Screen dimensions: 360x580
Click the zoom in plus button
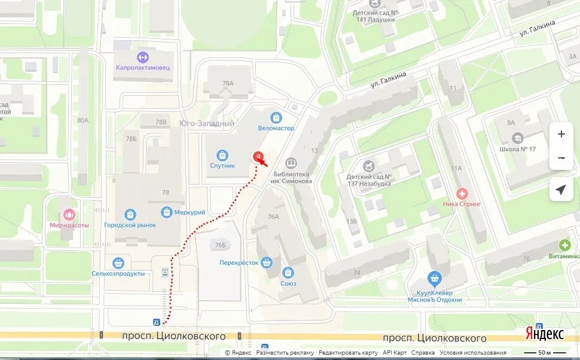coord(561,135)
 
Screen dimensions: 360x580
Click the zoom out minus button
coord(561,158)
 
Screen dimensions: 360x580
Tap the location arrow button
coord(561,190)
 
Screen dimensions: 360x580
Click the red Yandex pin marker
coord(258,157)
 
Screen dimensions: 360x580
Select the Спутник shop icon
coord(222,155)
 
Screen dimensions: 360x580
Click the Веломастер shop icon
coord(276,118)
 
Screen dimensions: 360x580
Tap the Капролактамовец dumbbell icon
coord(142,57)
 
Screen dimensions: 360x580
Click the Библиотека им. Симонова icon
coord(291,163)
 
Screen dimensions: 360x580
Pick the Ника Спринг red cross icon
coord(462,194)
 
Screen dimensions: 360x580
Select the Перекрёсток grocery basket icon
coord(267,262)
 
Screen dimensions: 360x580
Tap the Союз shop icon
coord(288,273)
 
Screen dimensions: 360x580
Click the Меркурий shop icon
coord(166,212)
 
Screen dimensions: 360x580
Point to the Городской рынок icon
coord(130,214)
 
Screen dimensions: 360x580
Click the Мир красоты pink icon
coord(69,215)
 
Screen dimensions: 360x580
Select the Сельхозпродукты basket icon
coord(118,263)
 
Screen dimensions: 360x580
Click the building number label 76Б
coord(220,245)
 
